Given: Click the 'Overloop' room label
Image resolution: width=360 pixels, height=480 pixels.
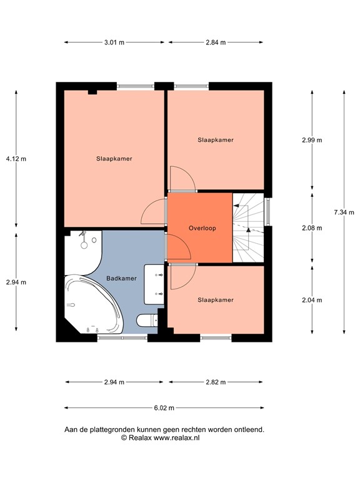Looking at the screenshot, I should coord(202,229).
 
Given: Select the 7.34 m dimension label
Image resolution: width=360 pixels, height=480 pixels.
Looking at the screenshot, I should coord(344,212).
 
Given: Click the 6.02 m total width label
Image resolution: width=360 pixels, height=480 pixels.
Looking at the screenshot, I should coord(164,407).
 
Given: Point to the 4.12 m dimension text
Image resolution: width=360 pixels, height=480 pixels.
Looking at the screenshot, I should coord(16,159).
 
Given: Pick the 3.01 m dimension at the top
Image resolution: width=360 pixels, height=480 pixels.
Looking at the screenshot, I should coord(114,42).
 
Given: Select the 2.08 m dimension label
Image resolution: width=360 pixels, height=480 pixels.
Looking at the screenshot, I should coord(312,229).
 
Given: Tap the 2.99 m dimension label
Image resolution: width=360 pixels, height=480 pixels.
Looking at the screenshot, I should coord(312,140).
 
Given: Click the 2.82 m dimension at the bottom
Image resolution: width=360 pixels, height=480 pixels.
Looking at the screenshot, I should coord(214,382).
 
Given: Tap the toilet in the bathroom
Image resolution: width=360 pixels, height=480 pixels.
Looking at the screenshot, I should coord(146,321).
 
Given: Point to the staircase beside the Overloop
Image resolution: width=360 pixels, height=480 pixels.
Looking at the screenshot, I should coord(249,227).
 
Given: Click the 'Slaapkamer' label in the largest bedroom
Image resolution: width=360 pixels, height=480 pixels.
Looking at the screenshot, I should coord(114,159).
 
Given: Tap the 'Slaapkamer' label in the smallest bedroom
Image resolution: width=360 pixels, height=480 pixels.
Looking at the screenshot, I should coord(215,300).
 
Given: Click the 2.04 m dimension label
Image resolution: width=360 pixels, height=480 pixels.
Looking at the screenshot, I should coord(312,300).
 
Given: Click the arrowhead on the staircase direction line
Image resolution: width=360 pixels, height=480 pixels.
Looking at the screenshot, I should coord(249,229).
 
